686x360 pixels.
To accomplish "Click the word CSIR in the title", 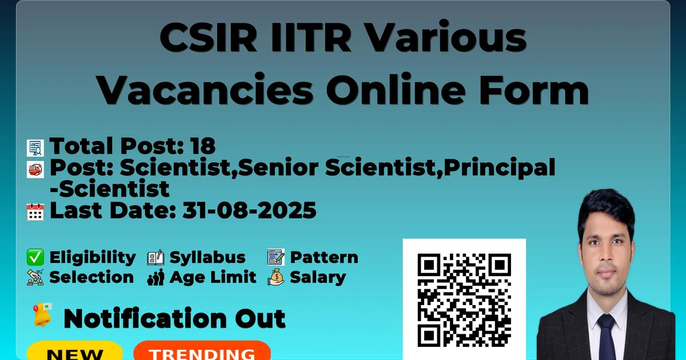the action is pyautogui.click(x=208, y=37).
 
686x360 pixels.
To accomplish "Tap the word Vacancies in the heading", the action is pyautogui.click(x=205, y=90).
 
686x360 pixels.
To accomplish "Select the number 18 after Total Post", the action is pyautogui.click(x=202, y=146).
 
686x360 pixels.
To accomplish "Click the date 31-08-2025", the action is pyautogui.click(x=249, y=210).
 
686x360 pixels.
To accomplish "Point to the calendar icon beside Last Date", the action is pyautogui.click(x=35, y=212).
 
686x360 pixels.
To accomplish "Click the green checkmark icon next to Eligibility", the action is pyautogui.click(x=35, y=257).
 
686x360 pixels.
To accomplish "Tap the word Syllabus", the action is pyautogui.click(x=208, y=257).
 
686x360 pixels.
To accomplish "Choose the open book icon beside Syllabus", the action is pyautogui.click(x=155, y=257).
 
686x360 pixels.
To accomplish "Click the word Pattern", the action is pyautogui.click(x=324, y=257).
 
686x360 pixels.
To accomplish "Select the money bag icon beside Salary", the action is pyautogui.click(x=276, y=277).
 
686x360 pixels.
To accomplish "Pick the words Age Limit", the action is pyautogui.click(x=213, y=277).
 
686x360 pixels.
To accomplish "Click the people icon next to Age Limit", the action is pyautogui.click(x=155, y=277).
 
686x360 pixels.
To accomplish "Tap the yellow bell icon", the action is pyautogui.click(x=42, y=314).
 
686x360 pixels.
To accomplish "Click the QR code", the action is pyautogui.click(x=464, y=300).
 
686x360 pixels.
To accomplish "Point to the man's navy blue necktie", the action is pyautogui.click(x=606, y=337).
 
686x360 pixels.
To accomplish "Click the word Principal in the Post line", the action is pyautogui.click(x=499, y=168).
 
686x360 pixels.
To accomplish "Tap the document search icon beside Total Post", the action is pyautogui.click(x=35, y=148).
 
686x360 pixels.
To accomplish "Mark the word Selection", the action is pyautogui.click(x=91, y=277).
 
